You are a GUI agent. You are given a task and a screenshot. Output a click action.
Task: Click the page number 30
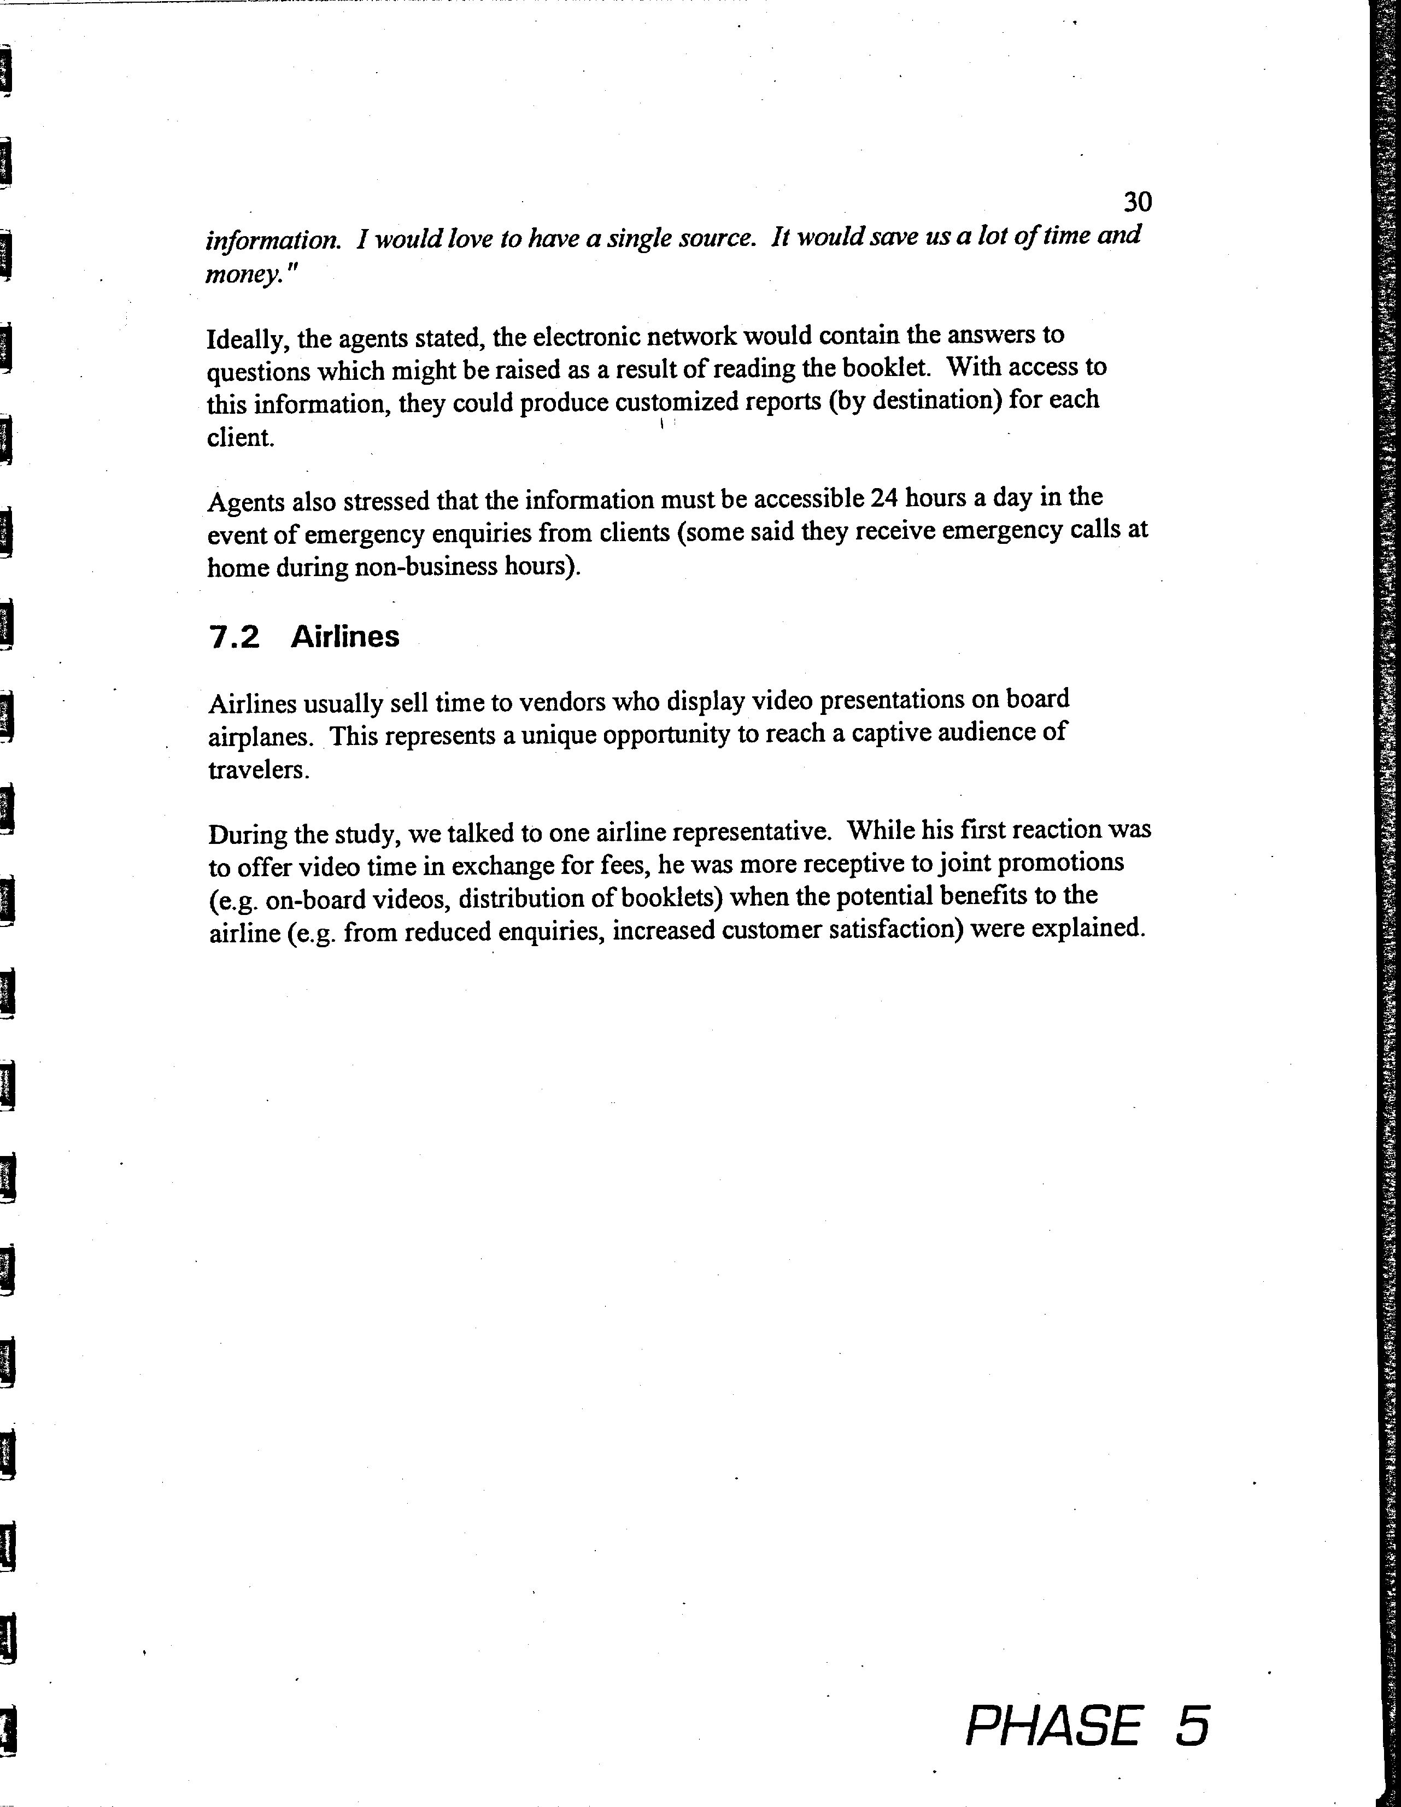click(1138, 202)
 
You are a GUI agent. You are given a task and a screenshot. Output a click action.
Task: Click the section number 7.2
click(234, 637)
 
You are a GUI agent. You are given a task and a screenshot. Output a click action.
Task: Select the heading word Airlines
click(345, 636)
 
